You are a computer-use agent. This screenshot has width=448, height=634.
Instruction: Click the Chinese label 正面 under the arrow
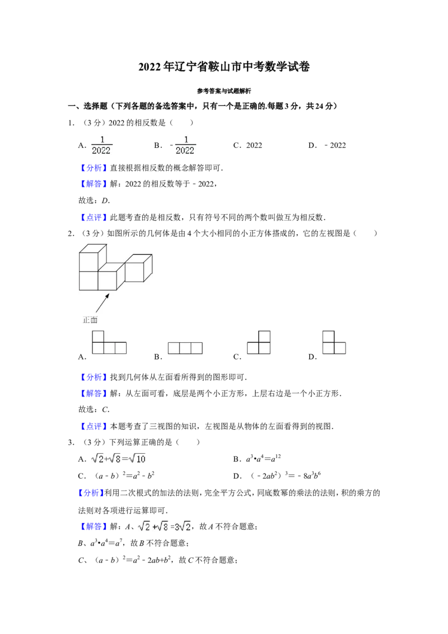[x=90, y=320]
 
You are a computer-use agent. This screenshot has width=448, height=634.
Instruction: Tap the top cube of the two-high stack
[x=90, y=260]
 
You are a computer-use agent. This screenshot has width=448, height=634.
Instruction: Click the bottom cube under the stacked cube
[x=88, y=281]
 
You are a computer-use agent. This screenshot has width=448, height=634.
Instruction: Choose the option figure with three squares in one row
[x=185, y=348]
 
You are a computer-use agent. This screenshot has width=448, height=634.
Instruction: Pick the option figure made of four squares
[x=109, y=343]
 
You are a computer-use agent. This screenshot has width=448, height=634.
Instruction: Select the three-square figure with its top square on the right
[x=259, y=343]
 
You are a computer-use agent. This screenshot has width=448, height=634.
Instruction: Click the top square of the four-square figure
[x=98, y=336]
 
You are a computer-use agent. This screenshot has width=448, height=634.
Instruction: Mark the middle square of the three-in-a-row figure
[x=185, y=348]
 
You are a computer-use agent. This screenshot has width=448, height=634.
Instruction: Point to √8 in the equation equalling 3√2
[x=162, y=526]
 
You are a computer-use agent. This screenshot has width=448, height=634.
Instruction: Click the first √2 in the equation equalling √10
[x=97, y=459]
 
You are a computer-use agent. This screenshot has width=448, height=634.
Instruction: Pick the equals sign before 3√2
[x=172, y=527]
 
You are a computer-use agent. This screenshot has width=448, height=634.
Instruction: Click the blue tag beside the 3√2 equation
[x=94, y=527]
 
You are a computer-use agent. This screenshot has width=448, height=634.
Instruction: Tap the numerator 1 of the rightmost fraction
[x=186, y=139]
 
